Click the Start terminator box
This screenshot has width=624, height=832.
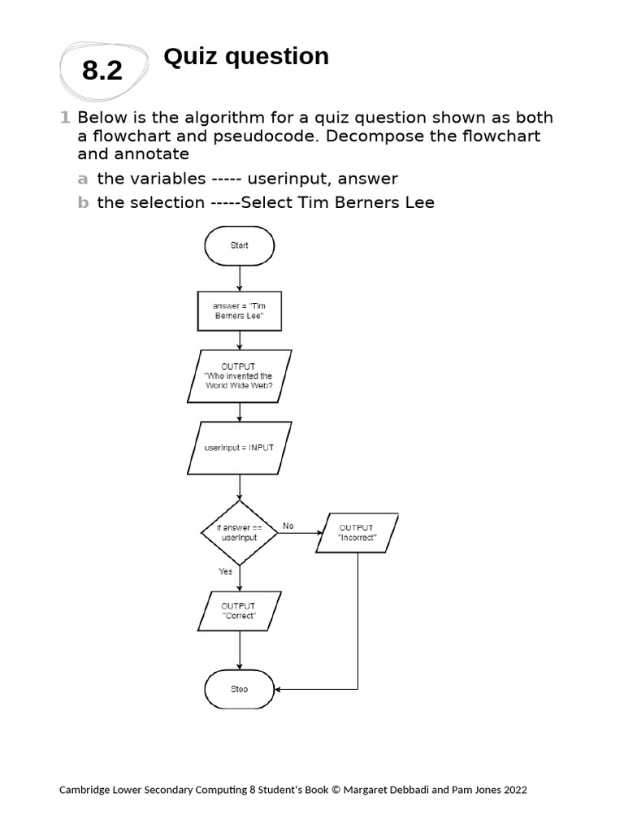240,245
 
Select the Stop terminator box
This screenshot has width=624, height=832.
240,689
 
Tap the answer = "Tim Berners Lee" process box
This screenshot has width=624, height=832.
240,311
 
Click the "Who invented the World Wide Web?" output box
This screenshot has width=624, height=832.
238,376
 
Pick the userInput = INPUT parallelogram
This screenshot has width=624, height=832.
239,448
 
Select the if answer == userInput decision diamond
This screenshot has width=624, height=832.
239,533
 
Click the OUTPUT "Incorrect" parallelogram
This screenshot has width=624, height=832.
357,533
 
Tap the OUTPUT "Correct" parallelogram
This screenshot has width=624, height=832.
239,611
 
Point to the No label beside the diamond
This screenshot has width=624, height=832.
288,526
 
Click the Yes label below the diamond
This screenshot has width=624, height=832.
225,571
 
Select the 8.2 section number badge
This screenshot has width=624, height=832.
102,71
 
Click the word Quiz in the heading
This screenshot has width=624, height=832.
189,57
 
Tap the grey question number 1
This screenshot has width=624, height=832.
65,118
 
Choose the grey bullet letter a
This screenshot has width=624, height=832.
82,179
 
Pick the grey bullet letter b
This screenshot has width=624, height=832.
82,203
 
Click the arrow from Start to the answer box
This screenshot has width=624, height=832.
240,278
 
